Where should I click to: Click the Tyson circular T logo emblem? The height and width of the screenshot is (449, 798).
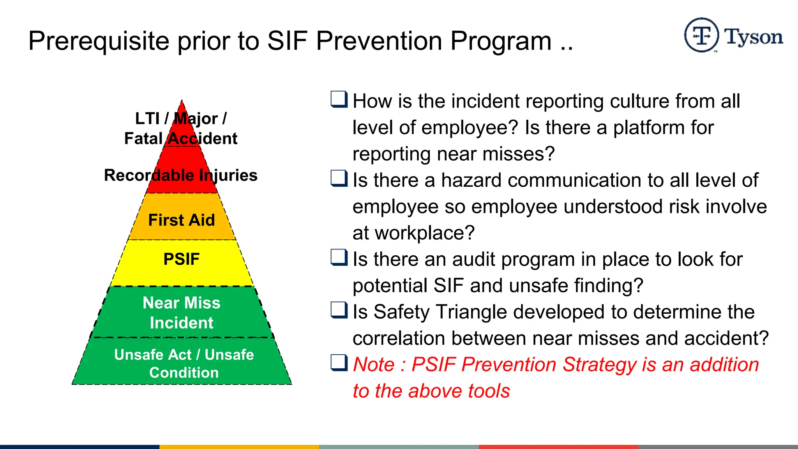(701, 35)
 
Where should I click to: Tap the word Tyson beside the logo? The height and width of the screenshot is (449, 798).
(754, 37)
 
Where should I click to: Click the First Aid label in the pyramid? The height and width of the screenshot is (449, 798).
(182, 220)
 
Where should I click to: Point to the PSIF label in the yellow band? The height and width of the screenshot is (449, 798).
(182, 259)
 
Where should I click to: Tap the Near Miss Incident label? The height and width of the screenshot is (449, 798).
(182, 313)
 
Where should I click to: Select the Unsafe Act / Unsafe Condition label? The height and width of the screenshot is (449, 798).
(184, 363)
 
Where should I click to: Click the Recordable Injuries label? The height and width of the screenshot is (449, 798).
(181, 175)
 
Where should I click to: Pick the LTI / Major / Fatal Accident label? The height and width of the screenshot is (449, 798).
(181, 129)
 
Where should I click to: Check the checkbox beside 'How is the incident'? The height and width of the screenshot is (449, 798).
(339, 99)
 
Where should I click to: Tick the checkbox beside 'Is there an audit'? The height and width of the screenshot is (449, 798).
(339, 257)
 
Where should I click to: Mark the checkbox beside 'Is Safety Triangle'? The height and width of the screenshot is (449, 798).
(339, 310)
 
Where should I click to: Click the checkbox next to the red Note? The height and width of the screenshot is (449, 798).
(339, 362)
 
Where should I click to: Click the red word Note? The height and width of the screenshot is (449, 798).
(374, 365)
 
